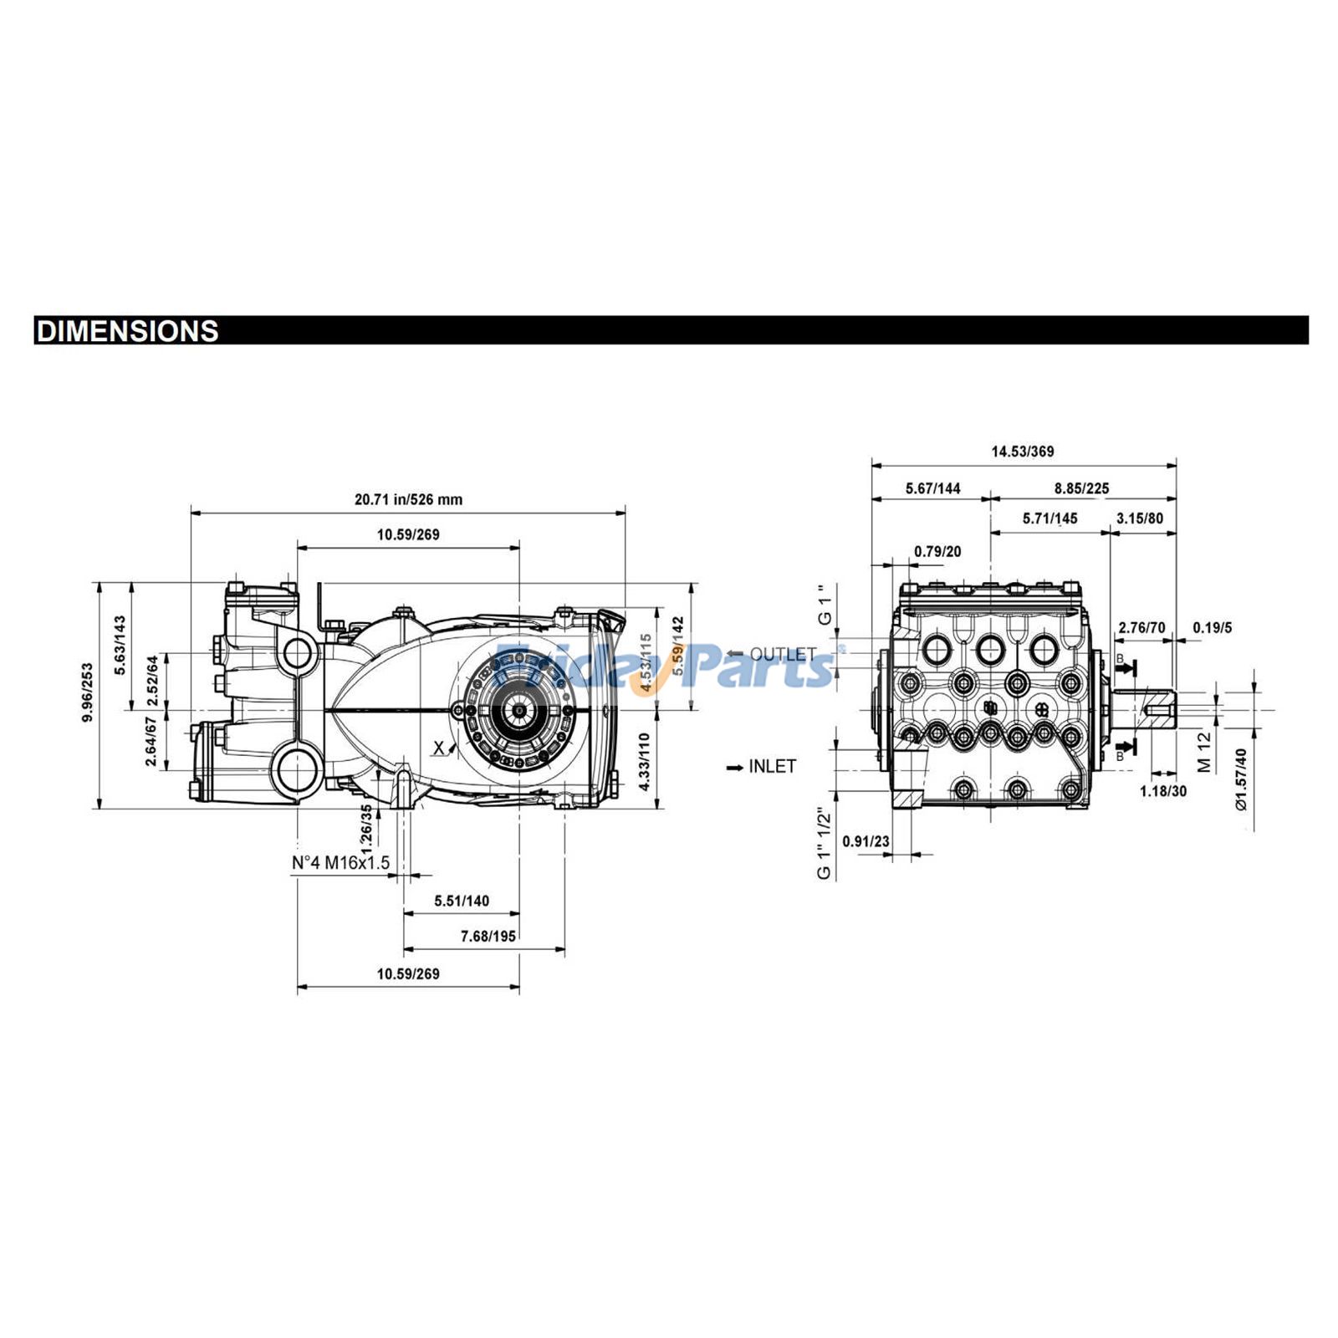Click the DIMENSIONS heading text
[x=128, y=331]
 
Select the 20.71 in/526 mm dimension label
[x=408, y=499]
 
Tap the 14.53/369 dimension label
[x=1023, y=452]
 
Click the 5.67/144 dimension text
[x=932, y=488]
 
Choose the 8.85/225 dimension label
[x=1081, y=488]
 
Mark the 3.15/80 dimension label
[x=1140, y=518]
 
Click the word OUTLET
[x=783, y=654]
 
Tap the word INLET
[x=772, y=766]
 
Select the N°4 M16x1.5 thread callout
[x=340, y=862]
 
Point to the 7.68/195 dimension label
[x=488, y=936]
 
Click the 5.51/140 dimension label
[x=462, y=901]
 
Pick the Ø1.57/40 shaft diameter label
[x=1241, y=779]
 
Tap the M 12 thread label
[x=1204, y=752]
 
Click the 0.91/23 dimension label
[x=866, y=841]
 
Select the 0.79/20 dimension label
[x=937, y=552]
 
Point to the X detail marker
[x=439, y=748]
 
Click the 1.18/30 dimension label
[x=1163, y=791]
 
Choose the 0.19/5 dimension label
[x=1212, y=627]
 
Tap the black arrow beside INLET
[x=735, y=767]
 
